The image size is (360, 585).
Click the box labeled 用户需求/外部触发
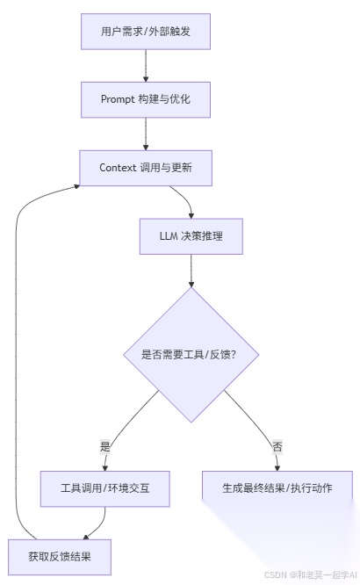[x=146, y=32]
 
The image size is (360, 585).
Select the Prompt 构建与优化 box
[x=146, y=99]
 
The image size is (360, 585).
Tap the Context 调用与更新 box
[x=146, y=167]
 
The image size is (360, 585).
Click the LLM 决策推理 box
[x=191, y=235]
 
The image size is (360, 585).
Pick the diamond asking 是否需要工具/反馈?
[x=191, y=354]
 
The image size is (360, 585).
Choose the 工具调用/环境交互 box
[x=104, y=487]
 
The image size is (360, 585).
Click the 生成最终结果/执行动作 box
[x=277, y=487]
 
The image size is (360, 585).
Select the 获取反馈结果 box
[x=59, y=555]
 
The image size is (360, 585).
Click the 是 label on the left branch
[x=105, y=446]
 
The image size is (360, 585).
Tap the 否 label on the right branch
[x=277, y=446]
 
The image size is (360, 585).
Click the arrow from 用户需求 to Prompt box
[x=146, y=66]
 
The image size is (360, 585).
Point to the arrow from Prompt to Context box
[x=146, y=134]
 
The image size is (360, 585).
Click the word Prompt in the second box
[x=118, y=99]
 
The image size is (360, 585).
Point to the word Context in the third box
[x=119, y=167]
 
